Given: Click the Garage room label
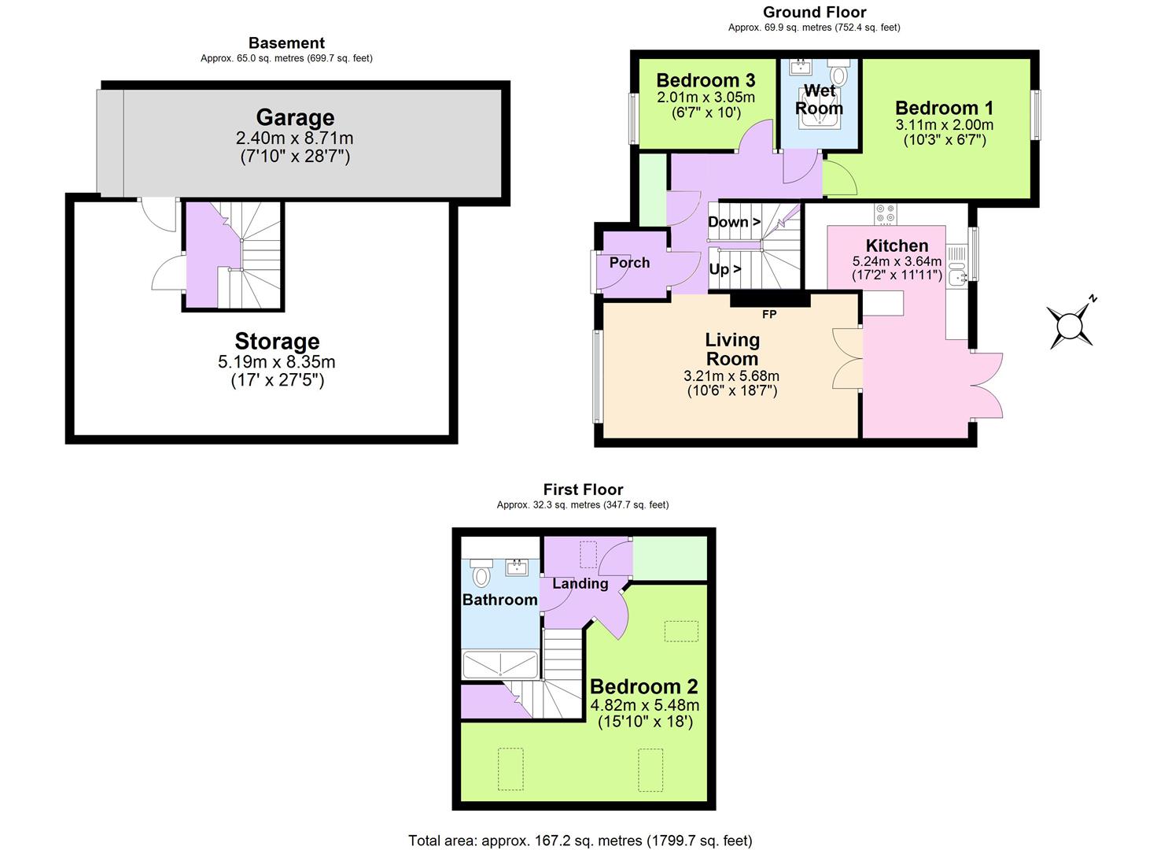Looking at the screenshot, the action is point(295,118).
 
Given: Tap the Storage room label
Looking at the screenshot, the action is point(277,342).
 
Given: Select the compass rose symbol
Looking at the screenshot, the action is point(1070,325).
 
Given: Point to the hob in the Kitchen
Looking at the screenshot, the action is point(886,213).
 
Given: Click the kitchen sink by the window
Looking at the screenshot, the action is point(957,276).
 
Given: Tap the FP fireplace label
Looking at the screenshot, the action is point(769,315).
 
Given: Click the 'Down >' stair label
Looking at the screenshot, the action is point(734,222).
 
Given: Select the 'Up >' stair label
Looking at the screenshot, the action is point(724,269).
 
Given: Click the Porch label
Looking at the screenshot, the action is point(629,263).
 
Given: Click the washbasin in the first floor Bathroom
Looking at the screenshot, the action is point(517,567).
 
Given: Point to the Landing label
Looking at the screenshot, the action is point(580,584).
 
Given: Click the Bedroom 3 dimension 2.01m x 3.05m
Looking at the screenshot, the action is point(706,98).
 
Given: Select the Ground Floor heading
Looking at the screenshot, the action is point(814,12).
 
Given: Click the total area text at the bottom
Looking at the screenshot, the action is point(580,841).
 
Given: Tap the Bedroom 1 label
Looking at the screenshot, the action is point(944,108).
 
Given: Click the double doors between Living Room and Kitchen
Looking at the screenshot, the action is point(848,359).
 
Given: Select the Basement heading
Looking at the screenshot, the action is point(286,43).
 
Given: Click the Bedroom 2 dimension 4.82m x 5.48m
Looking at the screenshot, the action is point(644,705).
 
